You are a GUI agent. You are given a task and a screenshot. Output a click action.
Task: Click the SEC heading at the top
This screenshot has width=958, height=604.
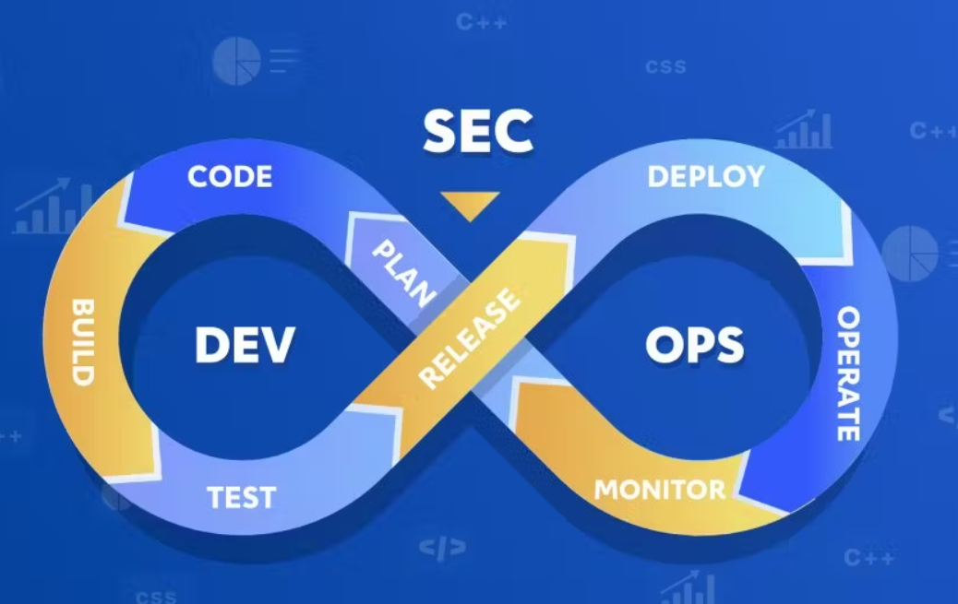click(478, 133)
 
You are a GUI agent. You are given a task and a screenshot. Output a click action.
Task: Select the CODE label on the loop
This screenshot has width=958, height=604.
click(230, 176)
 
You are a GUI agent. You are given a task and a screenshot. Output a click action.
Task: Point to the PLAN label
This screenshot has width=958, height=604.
click(404, 274)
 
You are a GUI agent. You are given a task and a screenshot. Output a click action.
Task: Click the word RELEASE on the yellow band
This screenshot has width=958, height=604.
click(469, 338)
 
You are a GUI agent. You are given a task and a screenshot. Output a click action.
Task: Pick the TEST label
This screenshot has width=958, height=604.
click(241, 497)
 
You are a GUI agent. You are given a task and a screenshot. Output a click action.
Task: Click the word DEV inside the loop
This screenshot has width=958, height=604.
click(245, 346)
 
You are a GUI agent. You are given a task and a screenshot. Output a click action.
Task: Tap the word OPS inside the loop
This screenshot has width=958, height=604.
click(694, 346)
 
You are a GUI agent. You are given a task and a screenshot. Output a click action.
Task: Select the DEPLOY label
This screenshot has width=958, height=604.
click(706, 176)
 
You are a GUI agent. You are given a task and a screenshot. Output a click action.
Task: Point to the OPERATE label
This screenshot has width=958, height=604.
click(849, 374)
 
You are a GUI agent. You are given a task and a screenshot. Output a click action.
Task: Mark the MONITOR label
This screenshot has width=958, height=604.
click(660, 489)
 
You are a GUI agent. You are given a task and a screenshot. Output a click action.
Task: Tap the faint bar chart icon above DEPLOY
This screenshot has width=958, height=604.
click(804, 132)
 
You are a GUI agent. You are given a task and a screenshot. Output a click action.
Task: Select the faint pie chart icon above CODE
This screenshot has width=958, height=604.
click(237, 61)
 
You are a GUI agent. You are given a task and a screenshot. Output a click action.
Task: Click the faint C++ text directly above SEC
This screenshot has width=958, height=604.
click(481, 22)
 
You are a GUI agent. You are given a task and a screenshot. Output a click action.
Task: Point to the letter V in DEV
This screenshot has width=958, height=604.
click(279, 346)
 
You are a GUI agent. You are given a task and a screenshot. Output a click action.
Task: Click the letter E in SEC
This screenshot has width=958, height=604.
click(478, 133)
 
